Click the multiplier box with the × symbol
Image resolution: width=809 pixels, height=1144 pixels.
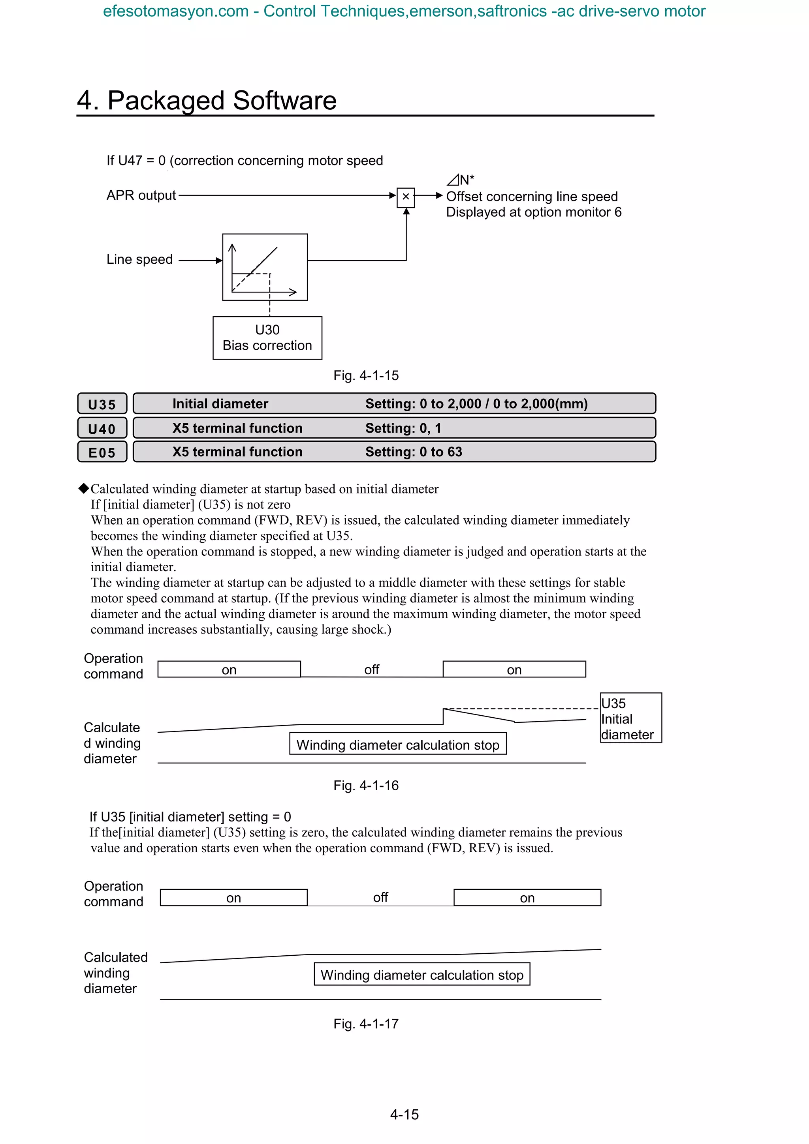point(405,196)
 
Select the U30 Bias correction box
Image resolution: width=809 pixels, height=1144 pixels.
point(267,338)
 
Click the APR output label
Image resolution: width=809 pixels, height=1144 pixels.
point(141,195)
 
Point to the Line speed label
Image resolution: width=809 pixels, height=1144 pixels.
point(139,260)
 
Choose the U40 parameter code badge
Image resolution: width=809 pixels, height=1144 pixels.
point(102,428)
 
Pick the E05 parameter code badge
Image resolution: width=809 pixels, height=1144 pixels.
point(102,452)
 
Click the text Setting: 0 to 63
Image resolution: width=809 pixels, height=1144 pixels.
point(413,452)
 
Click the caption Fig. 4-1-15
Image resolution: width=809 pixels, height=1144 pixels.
point(366,376)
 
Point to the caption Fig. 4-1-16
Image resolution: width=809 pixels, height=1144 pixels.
point(366,786)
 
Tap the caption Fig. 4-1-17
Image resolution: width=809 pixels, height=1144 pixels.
point(366,1024)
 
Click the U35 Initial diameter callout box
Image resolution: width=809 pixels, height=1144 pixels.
point(630,718)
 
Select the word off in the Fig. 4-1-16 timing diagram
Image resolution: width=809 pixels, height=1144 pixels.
point(371,670)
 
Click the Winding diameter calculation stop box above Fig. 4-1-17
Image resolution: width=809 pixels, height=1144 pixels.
point(422,975)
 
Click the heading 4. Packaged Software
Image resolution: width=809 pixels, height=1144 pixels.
point(207,101)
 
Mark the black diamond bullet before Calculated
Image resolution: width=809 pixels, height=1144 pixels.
point(84,488)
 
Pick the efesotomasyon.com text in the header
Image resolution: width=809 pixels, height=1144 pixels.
point(175,11)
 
